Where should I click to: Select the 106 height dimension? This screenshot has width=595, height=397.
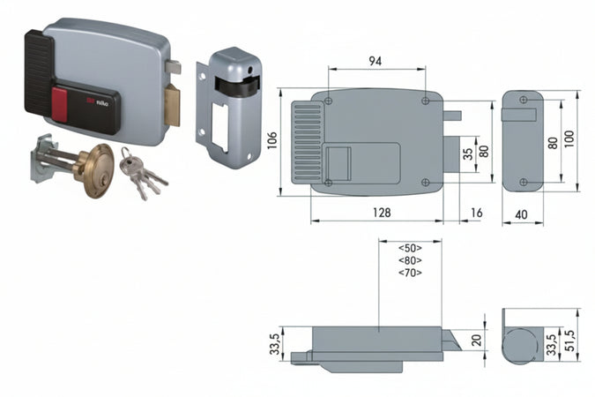pyautogui.click(x=273, y=142)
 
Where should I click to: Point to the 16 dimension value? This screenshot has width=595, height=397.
pyautogui.click(x=477, y=213)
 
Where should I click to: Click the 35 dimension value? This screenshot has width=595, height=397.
pyautogui.click(x=468, y=151)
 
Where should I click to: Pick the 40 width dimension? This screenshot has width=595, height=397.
pyautogui.click(x=523, y=213)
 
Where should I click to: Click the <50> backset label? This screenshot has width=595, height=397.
pyautogui.click(x=410, y=248)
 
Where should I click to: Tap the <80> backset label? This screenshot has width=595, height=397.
pyautogui.click(x=410, y=260)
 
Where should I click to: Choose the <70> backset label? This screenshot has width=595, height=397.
pyautogui.click(x=410, y=273)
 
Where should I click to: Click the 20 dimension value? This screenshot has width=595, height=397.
pyautogui.click(x=477, y=340)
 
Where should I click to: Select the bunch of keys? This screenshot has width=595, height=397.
pyautogui.click(x=141, y=175)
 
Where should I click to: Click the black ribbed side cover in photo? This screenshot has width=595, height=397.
pyautogui.click(x=39, y=72)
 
